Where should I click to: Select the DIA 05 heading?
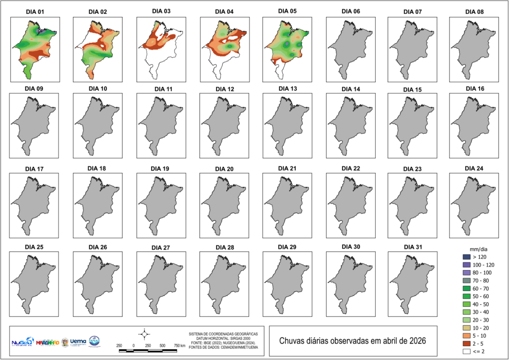coord(287,11)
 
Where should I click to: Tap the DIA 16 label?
coord(474,89)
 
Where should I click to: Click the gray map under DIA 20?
coord(222,203)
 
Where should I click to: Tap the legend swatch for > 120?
coord(466,257)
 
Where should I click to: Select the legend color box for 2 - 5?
coord(466,344)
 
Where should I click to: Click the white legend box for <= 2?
coord(466,352)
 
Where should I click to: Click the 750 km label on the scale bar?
coord(179,345)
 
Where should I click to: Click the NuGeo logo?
coord(22,343)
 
